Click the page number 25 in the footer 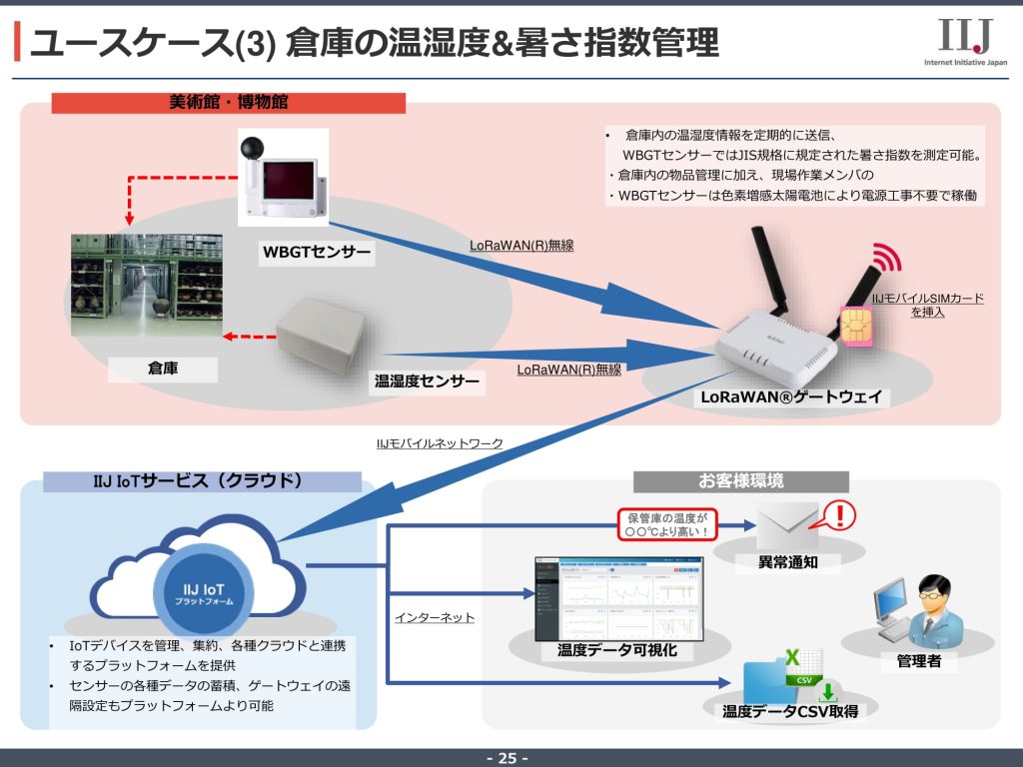pyautogui.click(x=508, y=758)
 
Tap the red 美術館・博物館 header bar pyautogui.click(x=229, y=103)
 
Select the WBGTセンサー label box pyautogui.click(x=317, y=254)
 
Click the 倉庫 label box pyautogui.click(x=163, y=369)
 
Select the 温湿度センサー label pyautogui.click(x=427, y=381)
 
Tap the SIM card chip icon pyautogui.click(x=856, y=326)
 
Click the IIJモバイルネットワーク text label pyautogui.click(x=440, y=443)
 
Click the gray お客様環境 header pyautogui.click(x=740, y=481)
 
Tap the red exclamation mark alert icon pyautogui.click(x=841, y=515)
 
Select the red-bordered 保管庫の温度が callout pyautogui.click(x=667, y=524)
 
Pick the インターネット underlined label pyautogui.click(x=435, y=618)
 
